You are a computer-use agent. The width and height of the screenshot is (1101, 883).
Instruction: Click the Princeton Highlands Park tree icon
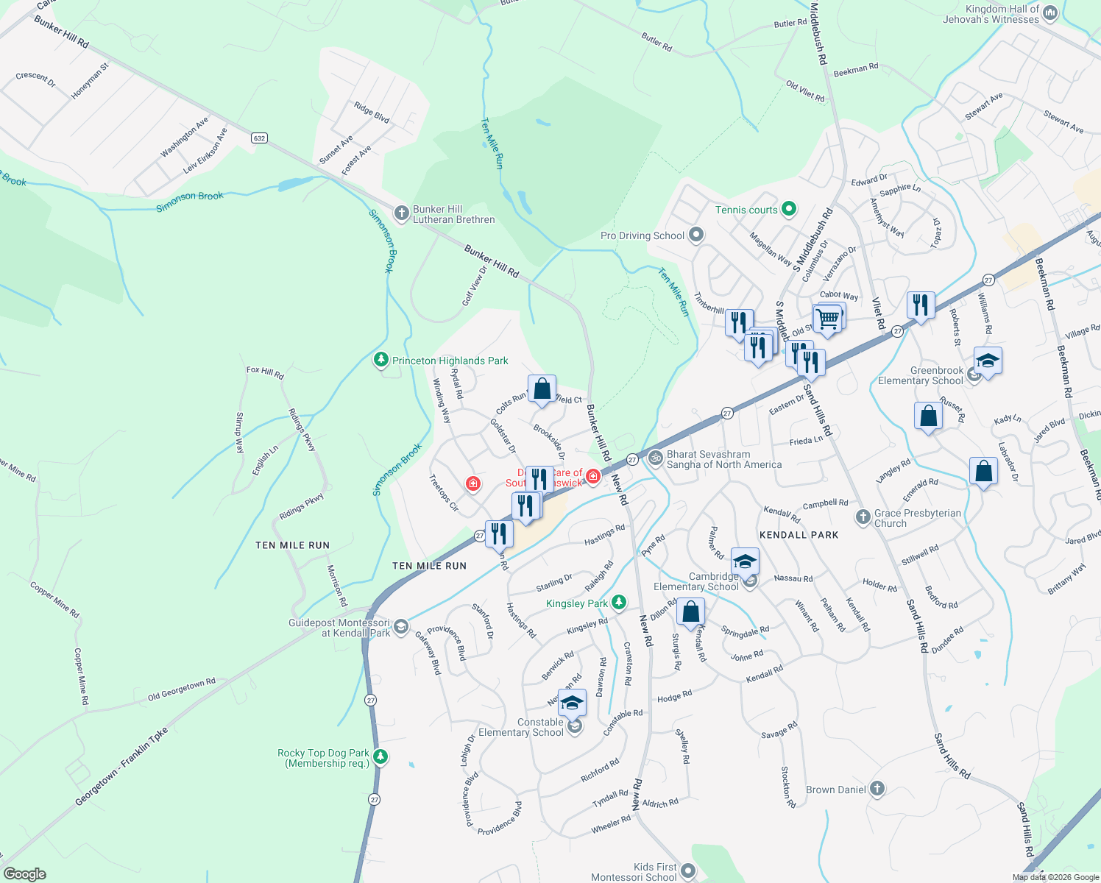380,360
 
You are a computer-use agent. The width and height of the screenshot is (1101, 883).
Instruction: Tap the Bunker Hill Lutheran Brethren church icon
401,213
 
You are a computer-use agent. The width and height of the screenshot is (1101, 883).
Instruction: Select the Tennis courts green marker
789,210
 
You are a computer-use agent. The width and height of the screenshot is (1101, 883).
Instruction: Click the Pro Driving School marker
695,235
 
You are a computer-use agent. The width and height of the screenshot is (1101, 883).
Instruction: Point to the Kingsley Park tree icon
619,603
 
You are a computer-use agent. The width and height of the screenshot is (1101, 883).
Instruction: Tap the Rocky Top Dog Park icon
380,757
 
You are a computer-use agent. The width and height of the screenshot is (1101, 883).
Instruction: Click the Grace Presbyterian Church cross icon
863,517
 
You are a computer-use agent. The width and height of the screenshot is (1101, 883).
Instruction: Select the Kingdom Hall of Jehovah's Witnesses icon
1050,13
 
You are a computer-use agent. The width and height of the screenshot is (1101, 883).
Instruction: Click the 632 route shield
258,138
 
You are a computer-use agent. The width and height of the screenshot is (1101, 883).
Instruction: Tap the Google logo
24,874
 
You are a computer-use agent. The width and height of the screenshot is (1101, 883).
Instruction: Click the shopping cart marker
828,319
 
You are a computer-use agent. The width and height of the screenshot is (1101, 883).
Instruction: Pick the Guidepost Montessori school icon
401,627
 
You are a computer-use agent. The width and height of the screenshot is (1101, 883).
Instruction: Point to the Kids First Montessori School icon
688,871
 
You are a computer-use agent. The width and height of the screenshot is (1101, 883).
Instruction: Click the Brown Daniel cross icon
877,790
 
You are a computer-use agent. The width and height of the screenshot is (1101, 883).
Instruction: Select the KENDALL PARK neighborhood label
799,535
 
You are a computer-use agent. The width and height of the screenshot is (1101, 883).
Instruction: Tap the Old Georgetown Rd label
181,689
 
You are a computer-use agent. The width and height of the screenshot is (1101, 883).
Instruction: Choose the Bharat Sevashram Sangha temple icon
655,458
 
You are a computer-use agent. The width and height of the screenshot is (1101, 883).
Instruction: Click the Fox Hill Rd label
265,372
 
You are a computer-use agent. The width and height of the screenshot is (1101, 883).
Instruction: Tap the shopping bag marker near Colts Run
542,389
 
